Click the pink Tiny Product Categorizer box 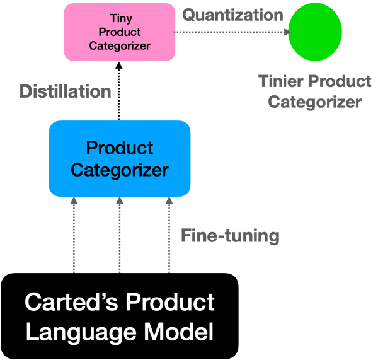[120, 32]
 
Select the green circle [315, 32]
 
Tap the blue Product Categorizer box [120, 158]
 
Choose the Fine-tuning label [230, 236]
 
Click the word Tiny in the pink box [120, 18]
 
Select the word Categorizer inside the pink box [120, 45]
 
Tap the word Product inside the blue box [120, 148]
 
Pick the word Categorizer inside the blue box [120, 170]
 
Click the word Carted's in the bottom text [70, 303]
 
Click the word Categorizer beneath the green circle [314, 102]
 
